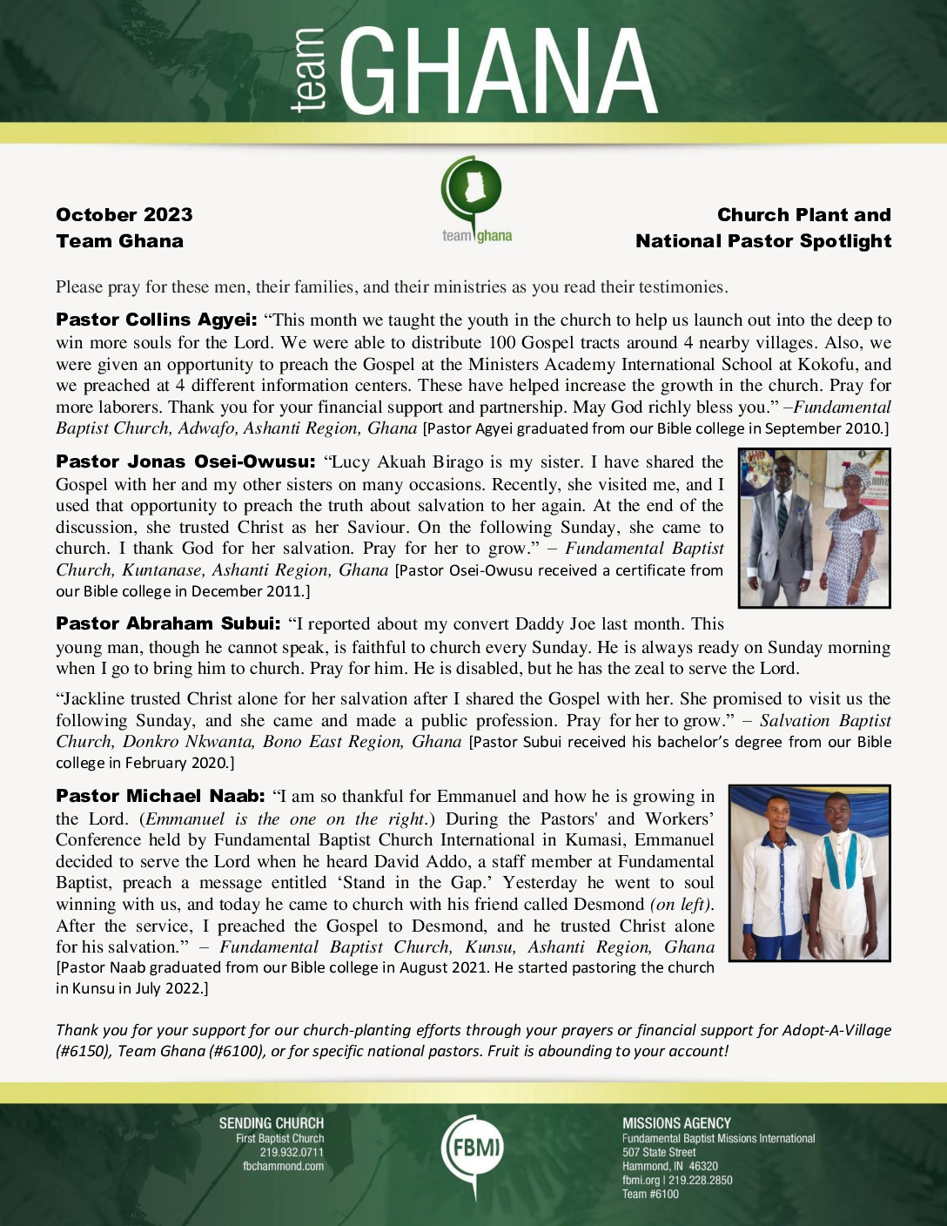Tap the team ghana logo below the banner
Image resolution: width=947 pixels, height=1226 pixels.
pos(474,200)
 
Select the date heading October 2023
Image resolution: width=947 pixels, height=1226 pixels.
pos(124,215)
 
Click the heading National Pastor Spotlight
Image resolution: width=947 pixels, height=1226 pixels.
pos(763,241)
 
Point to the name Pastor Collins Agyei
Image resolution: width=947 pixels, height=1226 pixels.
pos(157,320)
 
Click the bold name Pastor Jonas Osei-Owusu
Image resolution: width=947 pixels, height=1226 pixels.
pos(185,462)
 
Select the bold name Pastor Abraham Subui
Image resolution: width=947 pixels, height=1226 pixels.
pos(168,623)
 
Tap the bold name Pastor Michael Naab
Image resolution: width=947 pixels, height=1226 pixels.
pos(160,796)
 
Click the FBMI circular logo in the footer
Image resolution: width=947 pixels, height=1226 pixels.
pos(473,1148)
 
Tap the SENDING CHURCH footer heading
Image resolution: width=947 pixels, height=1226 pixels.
pos(271,1123)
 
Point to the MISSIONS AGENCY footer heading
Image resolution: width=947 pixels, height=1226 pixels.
pos(676,1123)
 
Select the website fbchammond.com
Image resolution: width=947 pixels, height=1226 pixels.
pos(283,1166)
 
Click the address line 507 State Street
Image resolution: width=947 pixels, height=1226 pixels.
pos(658,1152)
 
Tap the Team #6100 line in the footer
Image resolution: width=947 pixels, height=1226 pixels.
pos(650,1194)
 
